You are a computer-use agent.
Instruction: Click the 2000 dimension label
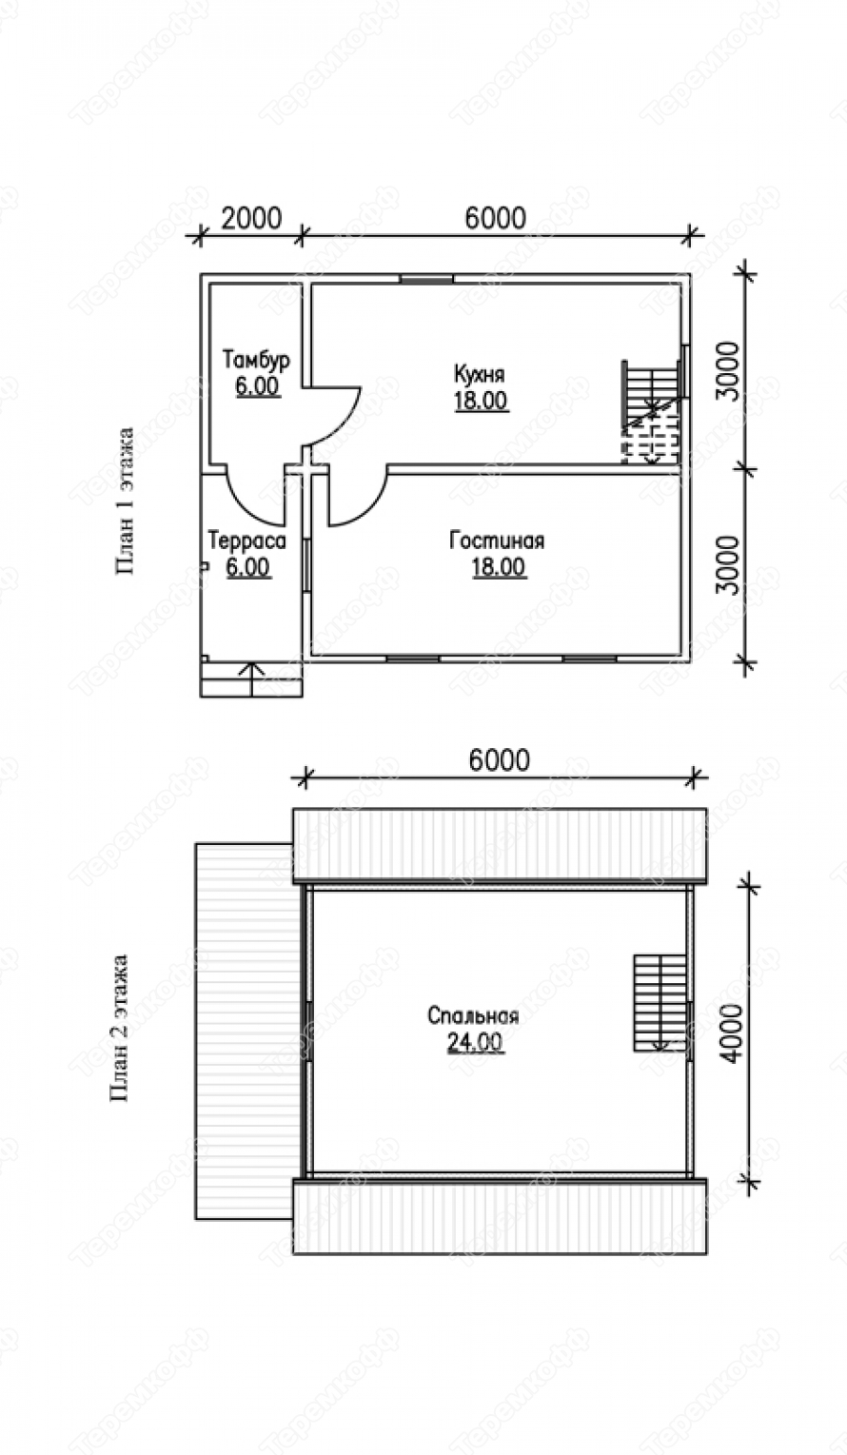[251, 218]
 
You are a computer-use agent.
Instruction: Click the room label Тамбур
[256, 359]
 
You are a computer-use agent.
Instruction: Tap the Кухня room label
[480, 374]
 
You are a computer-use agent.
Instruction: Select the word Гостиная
[497, 541]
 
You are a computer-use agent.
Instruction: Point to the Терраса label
[246, 540]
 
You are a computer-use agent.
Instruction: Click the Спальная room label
[474, 1014]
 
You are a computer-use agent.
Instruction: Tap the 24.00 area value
[475, 1041]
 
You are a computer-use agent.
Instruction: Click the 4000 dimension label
[732, 1032]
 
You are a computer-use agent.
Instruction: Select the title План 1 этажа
[126, 501]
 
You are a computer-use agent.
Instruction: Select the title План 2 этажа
[120, 1028]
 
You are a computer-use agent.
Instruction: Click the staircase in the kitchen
[654, 411]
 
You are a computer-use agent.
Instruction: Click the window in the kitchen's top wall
[426, 279]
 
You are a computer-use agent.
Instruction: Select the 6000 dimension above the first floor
[496, 218]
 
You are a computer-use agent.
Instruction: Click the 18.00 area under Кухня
[481, 400]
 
